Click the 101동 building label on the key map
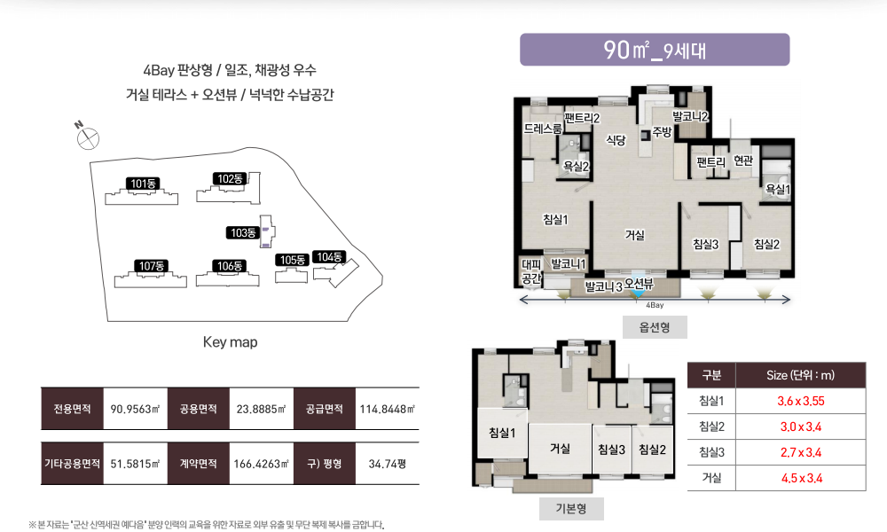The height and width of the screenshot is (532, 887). click(143, 184)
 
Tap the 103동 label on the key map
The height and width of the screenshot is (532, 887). click(243, 233)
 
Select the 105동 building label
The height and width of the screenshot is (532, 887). click(293, 260)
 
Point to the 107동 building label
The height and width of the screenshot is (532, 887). click(151, 266)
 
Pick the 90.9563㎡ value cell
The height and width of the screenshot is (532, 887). click(135, 409)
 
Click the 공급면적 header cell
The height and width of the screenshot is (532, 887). click(324, 409)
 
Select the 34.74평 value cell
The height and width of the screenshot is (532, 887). click(388, 464)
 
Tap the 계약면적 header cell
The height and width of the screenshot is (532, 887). click(198, 464)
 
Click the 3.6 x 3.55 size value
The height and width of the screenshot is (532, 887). click(800, 402)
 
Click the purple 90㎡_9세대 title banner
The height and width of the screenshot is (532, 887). click(655, 50)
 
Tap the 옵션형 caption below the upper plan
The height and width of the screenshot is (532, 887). click(655, 327)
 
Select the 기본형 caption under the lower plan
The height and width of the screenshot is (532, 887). click(571, 509)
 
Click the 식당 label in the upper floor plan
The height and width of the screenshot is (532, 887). click(616, 139)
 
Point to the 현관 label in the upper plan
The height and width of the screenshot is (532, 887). click(743, 160)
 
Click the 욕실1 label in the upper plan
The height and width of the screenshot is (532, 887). click(777, 190)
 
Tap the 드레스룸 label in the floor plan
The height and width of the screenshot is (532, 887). click(543, 129)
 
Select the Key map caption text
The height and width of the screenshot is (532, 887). click(231, 342)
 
